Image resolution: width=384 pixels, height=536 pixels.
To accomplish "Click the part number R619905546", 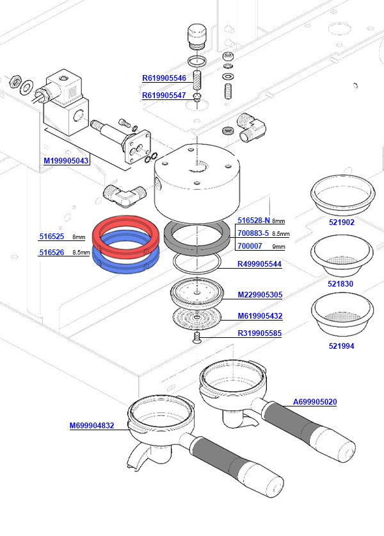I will click(164, 79).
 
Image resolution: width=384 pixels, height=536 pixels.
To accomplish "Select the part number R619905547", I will click(164, 96).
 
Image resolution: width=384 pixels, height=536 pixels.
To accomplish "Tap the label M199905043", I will click(67, 161).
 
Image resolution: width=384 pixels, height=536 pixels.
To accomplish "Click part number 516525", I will click(51, 237).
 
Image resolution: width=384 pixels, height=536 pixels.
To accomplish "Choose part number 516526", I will click(51, 253).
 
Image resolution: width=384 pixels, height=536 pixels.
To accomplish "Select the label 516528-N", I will click(253, 221).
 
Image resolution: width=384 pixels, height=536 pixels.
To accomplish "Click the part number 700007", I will click(249, 246).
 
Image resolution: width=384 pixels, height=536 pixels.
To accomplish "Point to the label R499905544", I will click(259, 264).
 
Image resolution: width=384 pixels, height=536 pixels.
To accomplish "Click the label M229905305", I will click(260, 295).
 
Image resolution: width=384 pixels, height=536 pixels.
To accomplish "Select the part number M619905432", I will click(260, 316).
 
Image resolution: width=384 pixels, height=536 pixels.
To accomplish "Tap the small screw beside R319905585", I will click(197, 337).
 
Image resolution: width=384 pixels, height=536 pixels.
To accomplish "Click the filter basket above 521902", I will click(341, 192).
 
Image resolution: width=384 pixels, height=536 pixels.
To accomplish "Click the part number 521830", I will click(340, 283).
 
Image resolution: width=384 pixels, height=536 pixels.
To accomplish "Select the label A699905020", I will click(315, 402).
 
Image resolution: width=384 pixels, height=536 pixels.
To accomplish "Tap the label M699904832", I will click(92, 425).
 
